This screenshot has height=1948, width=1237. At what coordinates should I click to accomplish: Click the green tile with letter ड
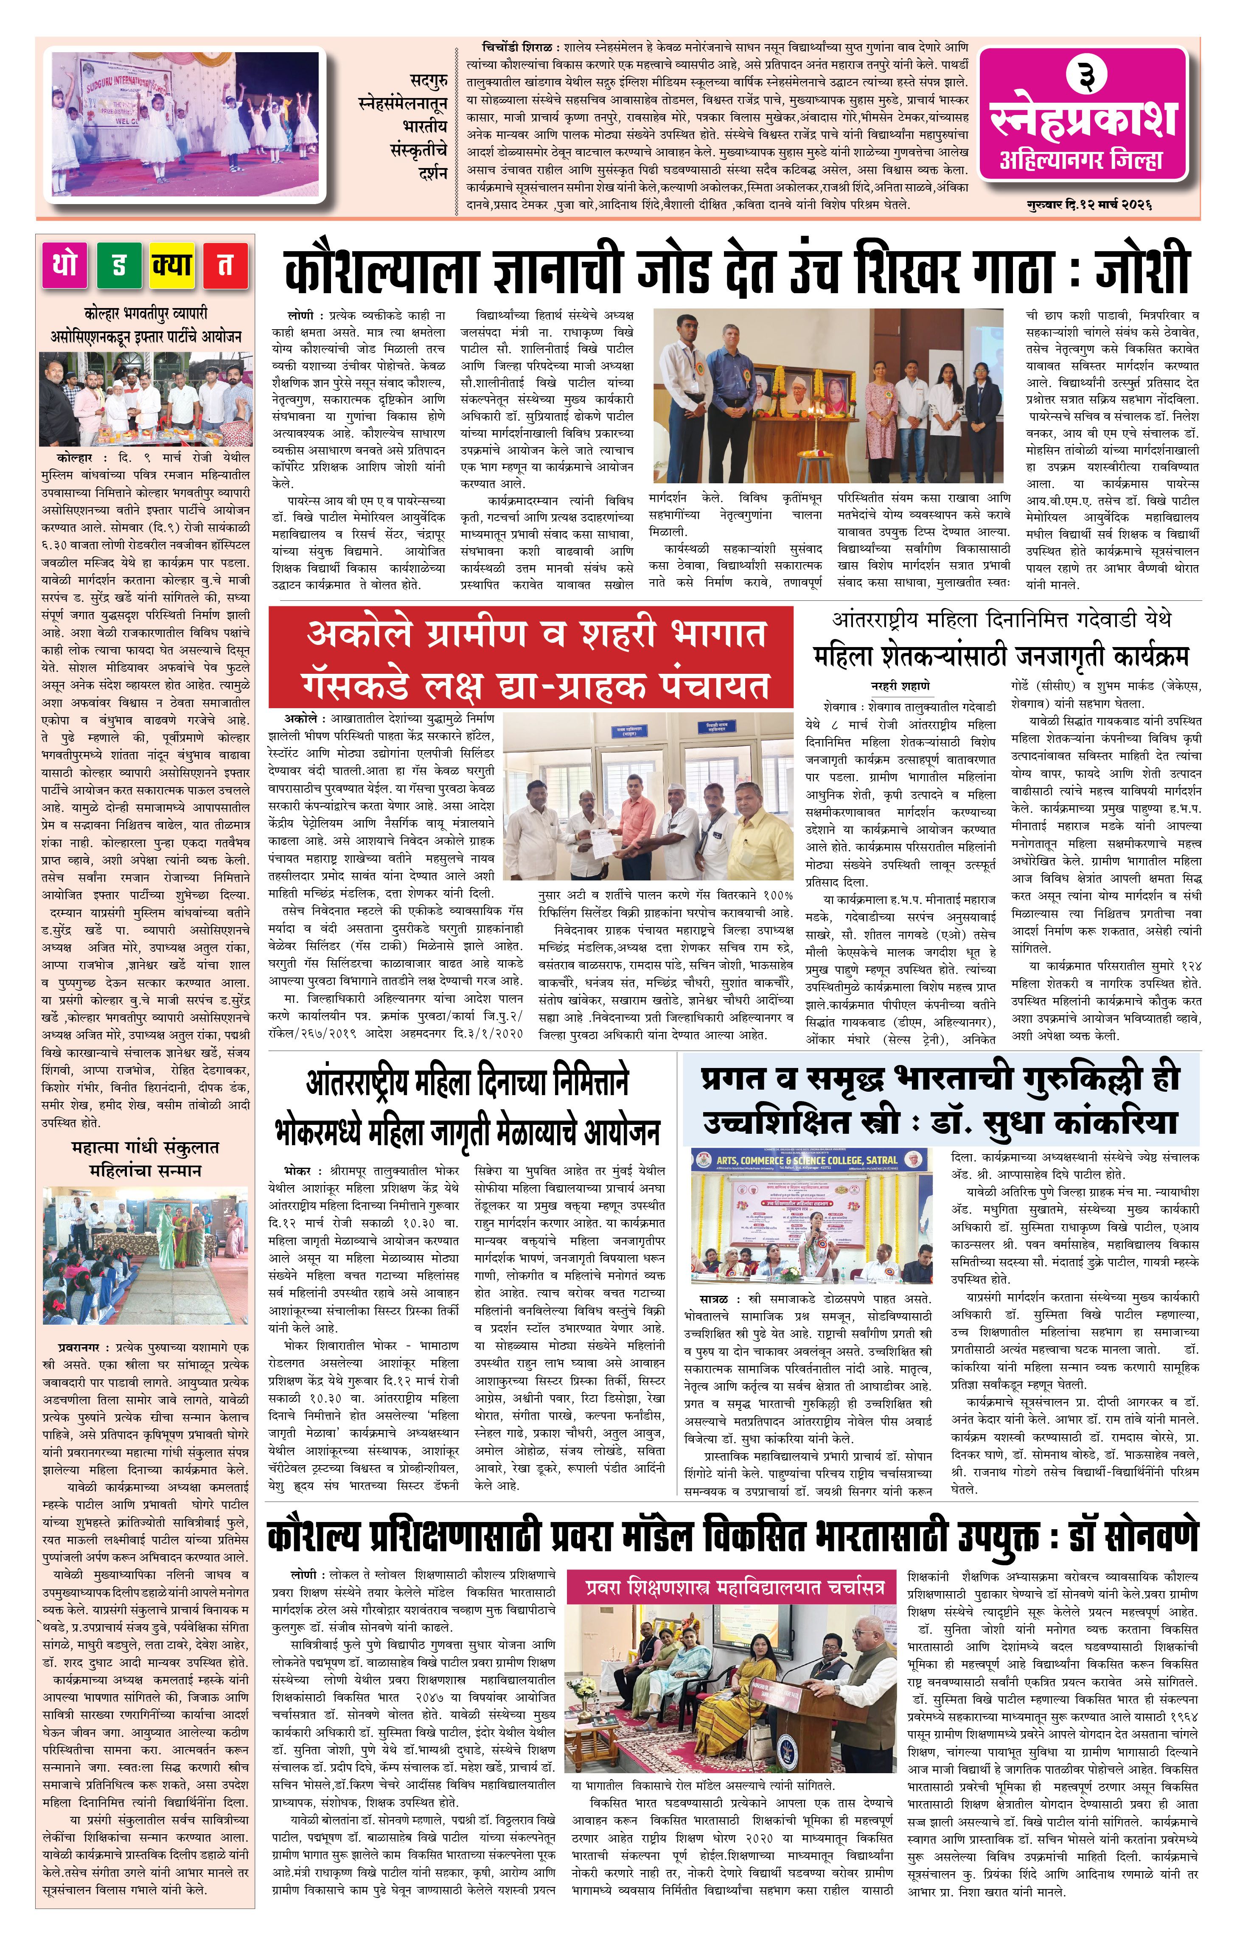pos(119,264)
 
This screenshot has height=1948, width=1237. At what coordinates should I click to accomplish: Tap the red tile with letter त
pos(225,264)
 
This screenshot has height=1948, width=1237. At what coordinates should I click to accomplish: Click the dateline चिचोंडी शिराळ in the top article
pos(506,48)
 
